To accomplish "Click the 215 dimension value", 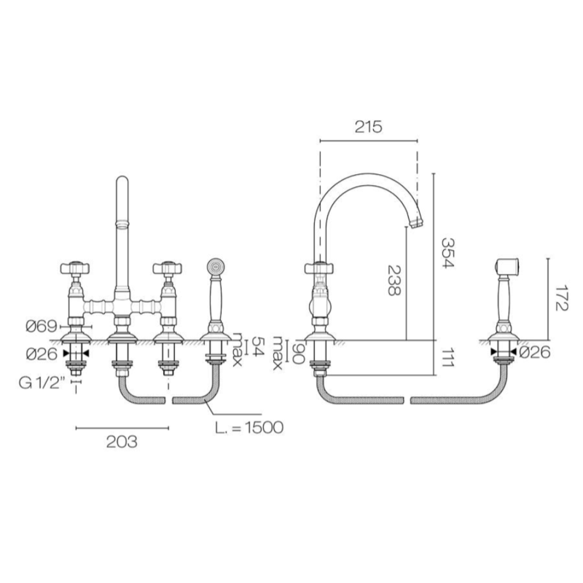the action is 368,127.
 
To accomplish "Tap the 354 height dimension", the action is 448,253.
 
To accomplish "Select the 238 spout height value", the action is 394,280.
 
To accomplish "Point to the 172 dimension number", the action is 560,299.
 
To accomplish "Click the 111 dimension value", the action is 448,358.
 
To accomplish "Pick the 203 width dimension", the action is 122,442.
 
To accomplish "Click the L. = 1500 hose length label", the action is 249,428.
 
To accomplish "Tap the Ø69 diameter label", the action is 42,326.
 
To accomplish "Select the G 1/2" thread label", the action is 42,383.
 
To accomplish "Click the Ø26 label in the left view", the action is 42,354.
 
